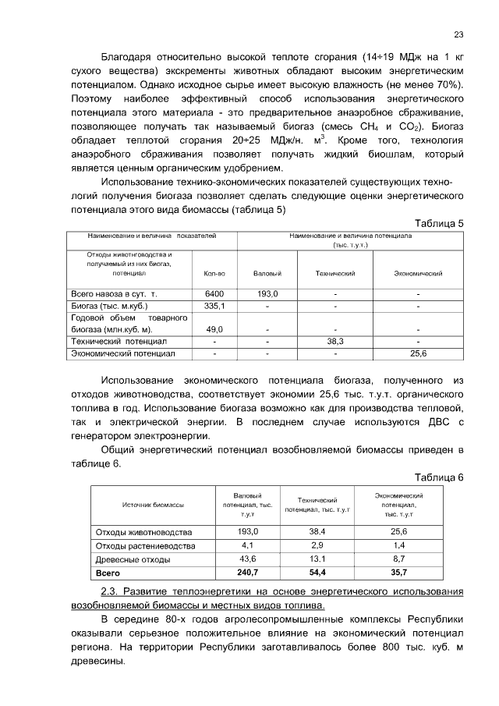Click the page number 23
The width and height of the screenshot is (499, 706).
(x=458, y=34)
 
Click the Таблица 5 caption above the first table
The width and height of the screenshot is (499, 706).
(x=439, y=223)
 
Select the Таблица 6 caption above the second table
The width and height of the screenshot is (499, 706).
(x=439, y=477)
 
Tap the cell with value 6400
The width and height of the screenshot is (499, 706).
(x=214, y=293)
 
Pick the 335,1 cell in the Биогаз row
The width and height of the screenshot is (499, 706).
(x=214, y=306)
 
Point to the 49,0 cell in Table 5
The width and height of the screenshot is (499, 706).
(x=214, y=329)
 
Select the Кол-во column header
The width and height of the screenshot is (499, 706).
(x=214, y=274)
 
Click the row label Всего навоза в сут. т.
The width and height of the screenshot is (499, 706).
(x=115, y=293)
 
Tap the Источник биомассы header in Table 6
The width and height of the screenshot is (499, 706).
(x=153, y=506)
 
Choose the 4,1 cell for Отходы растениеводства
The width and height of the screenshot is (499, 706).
(x=248, y=545)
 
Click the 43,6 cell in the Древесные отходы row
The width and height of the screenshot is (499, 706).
(x=248, y=559)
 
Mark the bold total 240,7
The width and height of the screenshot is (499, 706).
(x=248, y=573)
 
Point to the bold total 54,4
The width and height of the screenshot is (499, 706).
(x=317, y=573)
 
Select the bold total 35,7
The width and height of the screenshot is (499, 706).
(x=398, y=573)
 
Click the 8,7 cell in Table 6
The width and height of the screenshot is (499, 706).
(x=398, y=559)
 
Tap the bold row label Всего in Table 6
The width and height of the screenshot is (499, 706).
(x=107, y=573)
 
